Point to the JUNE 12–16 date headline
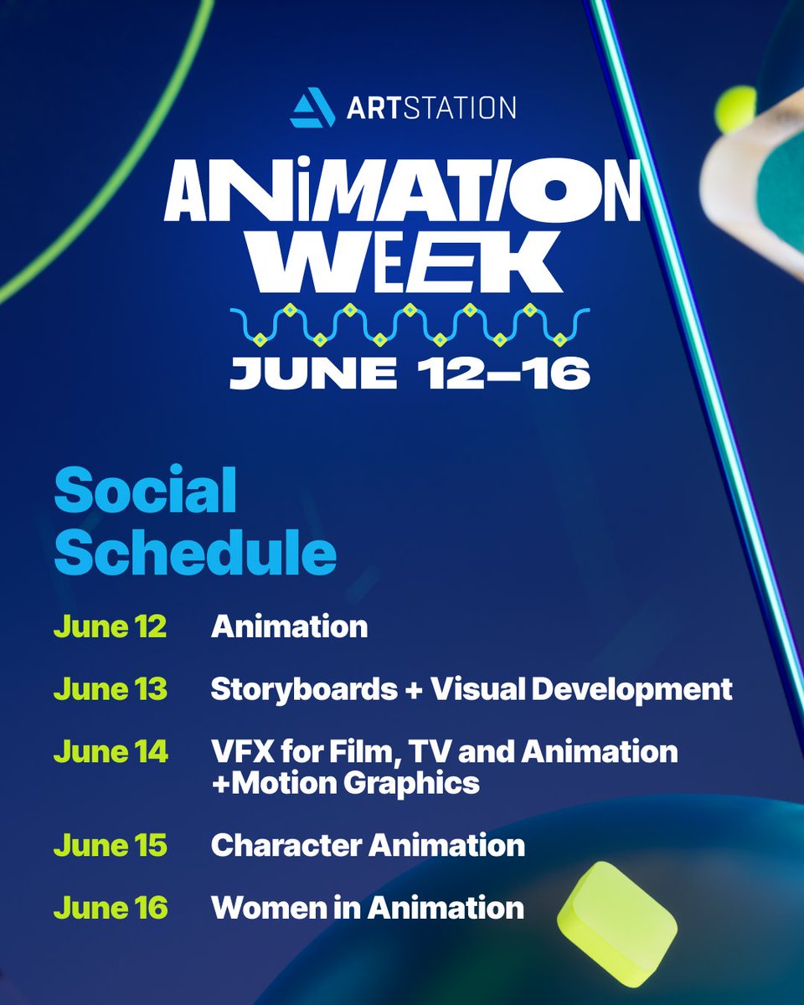410,372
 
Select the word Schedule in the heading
196,554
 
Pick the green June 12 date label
110,626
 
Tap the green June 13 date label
111,689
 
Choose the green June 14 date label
111,751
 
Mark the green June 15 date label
111,845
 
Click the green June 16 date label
111,907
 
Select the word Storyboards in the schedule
304,689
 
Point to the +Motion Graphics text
345,783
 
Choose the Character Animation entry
368,845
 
